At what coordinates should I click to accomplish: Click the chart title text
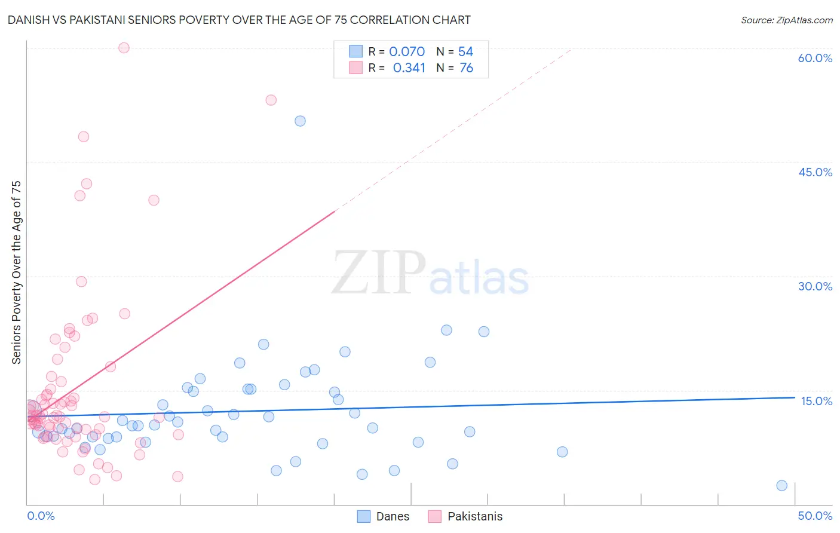239,20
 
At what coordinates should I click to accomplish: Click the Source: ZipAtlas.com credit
786,20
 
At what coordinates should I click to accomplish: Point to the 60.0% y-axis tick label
815,58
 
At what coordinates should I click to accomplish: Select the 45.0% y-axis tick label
815,172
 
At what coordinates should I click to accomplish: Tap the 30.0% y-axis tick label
815,286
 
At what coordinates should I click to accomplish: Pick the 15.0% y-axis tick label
816,401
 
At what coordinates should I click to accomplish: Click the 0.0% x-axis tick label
41,516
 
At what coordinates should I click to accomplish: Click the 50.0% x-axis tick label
815,516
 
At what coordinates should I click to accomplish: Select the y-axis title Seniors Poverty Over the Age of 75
16,272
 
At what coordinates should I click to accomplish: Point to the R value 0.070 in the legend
407,52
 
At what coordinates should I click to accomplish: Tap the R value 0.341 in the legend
409,68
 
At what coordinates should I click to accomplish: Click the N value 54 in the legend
465,52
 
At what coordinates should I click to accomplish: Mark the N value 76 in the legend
466,68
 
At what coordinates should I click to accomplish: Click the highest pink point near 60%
124,48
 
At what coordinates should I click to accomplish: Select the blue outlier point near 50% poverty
300,121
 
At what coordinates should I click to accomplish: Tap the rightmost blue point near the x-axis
781,485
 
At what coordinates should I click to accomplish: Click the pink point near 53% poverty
271,100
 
